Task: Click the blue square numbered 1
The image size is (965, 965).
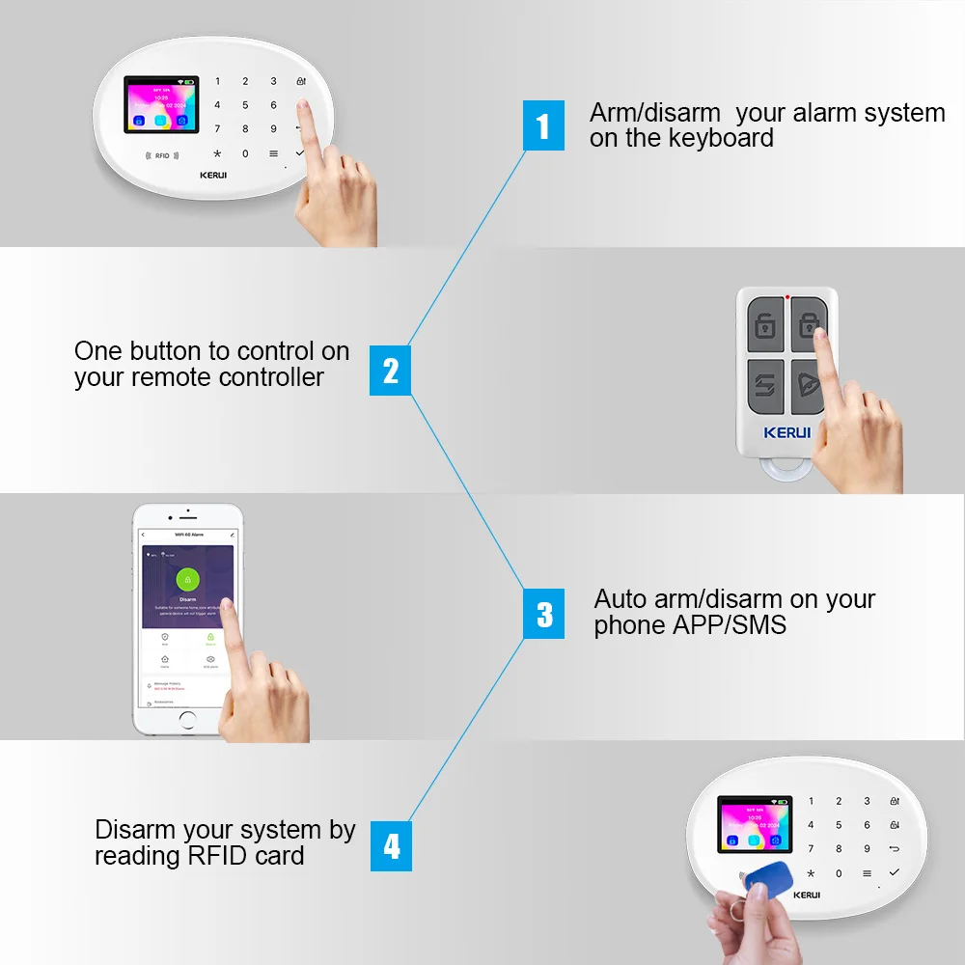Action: tap(543, 125)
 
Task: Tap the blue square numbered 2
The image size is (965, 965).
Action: tap(391, 371)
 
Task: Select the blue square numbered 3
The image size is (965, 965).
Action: tap(544, 614)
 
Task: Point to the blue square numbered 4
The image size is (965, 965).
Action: tap(391, 846)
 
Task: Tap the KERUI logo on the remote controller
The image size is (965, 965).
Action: tap(786, 432)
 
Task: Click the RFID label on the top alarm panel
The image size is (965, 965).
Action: tap(161, 155)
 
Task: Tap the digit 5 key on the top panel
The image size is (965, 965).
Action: tap(245, 105)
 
